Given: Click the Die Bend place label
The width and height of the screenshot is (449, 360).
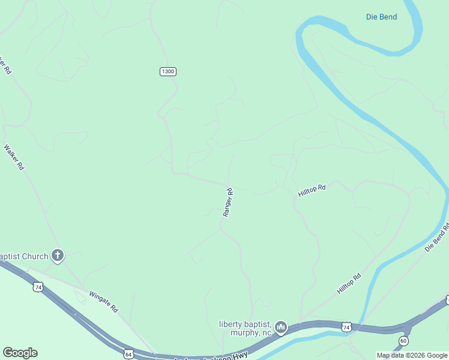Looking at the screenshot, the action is (381, 17).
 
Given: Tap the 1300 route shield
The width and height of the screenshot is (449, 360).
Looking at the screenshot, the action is (168, 71).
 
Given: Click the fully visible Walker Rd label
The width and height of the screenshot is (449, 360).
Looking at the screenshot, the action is (13, 157).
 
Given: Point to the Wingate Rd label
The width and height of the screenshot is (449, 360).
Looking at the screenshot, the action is (103, 301).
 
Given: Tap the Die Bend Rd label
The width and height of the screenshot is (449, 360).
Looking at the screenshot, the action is (436, 238).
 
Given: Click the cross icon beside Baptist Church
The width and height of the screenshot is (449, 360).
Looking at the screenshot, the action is (58, 256).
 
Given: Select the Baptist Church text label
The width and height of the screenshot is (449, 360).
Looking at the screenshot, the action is (24, 257).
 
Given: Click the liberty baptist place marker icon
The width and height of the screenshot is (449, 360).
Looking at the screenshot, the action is (281, 328).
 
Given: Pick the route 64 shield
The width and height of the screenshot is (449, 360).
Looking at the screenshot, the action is (128, 354).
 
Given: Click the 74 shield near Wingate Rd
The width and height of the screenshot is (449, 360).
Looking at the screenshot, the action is (38, 287).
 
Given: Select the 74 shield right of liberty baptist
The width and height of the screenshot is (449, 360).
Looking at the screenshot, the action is (346, 327).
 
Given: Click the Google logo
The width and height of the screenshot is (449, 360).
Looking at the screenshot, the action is (20, 353).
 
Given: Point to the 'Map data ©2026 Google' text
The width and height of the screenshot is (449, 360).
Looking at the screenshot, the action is (412, 355).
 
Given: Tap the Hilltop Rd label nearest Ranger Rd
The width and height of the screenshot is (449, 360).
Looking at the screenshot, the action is (312, 191).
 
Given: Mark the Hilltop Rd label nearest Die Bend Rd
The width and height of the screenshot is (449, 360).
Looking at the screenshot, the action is (349, 284).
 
